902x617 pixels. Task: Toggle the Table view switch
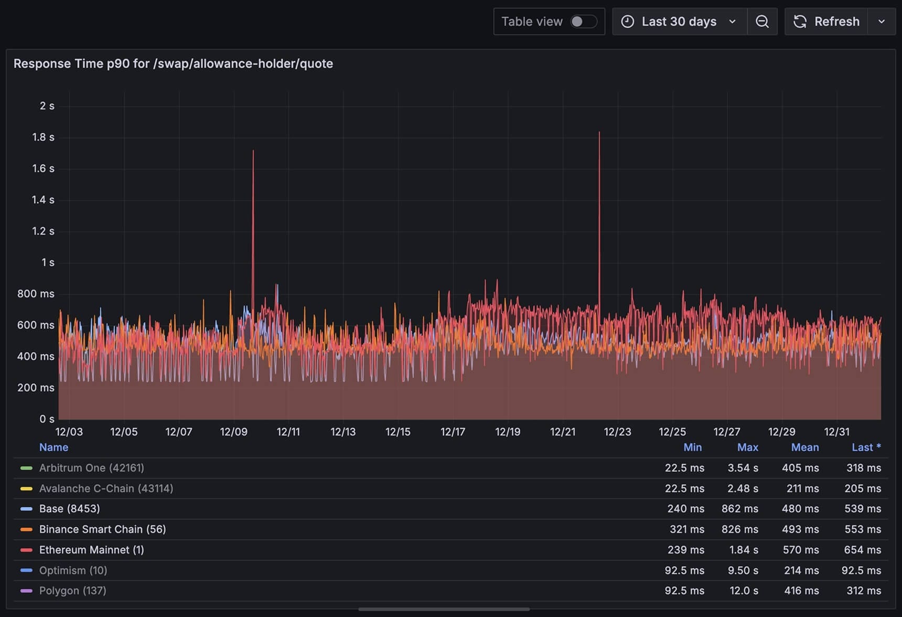[583, 22]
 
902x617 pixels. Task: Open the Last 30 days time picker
[679, 22]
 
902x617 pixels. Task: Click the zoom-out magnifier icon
[762, 22]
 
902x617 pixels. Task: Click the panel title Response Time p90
[173, 63]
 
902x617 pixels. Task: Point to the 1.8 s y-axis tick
[43, 137]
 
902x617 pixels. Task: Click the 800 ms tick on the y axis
[36, 294]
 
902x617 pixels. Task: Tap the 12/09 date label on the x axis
[233, 432]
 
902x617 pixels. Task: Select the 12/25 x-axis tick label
[672, 432]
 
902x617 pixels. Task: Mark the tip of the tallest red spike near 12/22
[599, 132]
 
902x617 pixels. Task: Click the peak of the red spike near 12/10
[253, 151]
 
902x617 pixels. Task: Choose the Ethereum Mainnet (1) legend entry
[91, 550]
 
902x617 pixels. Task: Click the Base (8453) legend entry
[69, 508]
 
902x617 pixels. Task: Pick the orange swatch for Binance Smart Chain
[26, 529]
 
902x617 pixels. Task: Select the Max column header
[747, 448]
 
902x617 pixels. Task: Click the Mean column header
[804, 448]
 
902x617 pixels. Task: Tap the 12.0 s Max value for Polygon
[744, 591]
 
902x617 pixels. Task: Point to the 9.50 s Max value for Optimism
[743, 570]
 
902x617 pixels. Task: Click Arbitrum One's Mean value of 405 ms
[800, 468]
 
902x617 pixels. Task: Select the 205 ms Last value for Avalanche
[862, 488]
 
